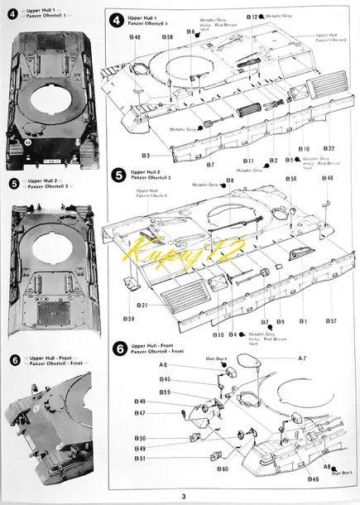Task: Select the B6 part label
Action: pyautogui.click(x=190, y=32)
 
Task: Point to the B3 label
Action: pyautogui.click(x=146, y=155)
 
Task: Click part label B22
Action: pyautogui.click(x=329, y=147)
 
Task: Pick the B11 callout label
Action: pyautogui.click(x=248, y=161)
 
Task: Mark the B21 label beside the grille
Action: pyautogui.click(x=143, y=305)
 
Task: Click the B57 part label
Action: pyautogui.click(x=331, y=320)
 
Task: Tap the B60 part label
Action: pyautogui.click(x=223, y=469)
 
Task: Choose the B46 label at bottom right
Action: pyautogui.click(x=314, y=479)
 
